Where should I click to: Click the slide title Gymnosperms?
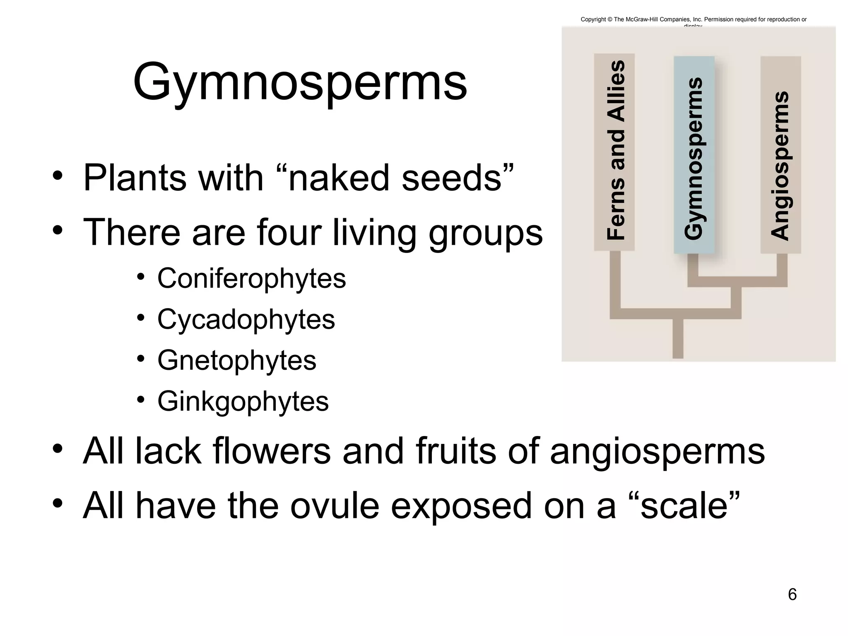[x=300, y=82]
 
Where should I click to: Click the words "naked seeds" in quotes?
[x=401, y=178]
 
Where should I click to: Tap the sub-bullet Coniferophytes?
[x=251, y=278]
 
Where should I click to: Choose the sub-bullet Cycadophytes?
[x=246, y=319]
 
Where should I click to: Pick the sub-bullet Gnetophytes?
[x=237, y=360]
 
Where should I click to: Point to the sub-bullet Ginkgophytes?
[x=243, y=401]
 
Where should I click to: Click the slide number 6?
[x=792, y=595]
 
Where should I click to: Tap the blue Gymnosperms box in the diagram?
[x=694, y=155]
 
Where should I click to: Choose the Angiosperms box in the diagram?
[x=781, y=155]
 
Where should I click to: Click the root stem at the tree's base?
[x=678, y=340]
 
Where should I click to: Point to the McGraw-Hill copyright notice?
[x=694, y=19]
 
